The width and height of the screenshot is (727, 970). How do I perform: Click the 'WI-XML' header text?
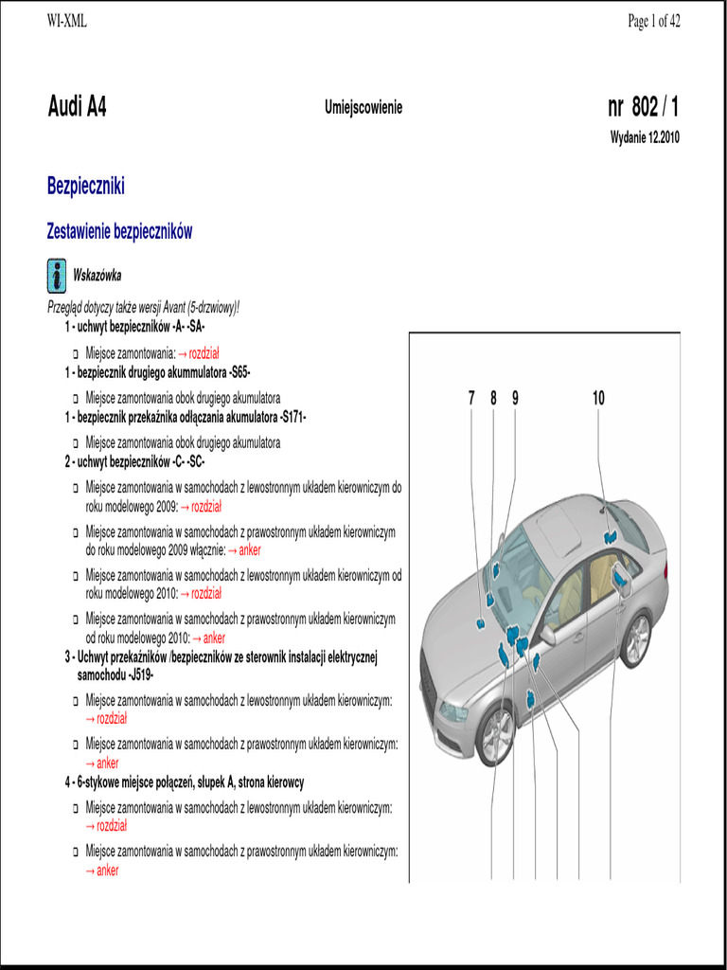point(66,22)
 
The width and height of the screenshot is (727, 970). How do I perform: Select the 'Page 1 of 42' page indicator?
point(653,22)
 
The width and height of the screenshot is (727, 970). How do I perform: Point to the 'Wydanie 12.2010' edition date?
point(644,137)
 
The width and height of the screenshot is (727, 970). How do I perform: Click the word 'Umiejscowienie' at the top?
point(363,108)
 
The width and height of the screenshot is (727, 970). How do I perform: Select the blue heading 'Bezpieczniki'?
point(86,186)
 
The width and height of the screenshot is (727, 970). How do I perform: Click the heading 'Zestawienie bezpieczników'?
point(119,232)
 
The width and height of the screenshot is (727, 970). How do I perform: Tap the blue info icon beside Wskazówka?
point(56,276)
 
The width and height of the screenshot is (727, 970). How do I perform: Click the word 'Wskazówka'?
point(97,276)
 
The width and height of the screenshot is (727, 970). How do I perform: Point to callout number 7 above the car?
point(471,399)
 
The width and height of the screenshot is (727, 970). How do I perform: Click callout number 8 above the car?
point(493,399)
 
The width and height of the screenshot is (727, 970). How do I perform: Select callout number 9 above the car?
point(515,399)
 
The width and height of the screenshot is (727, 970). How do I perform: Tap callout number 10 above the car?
point(598,399)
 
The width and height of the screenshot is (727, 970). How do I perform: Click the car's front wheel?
point(495,734)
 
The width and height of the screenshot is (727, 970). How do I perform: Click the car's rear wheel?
point(635,639)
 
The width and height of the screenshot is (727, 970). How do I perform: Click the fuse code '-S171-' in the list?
point(288,417)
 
